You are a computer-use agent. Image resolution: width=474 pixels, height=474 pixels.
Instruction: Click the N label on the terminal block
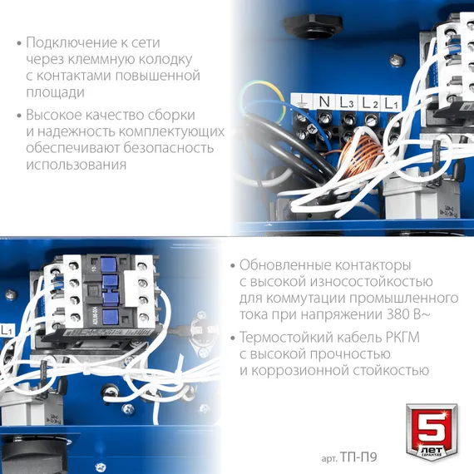323,101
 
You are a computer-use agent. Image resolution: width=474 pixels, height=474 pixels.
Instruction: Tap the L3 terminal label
346,102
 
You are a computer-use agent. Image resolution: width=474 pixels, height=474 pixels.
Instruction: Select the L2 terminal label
370,102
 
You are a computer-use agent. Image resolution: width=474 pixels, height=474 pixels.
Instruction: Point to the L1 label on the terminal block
393,102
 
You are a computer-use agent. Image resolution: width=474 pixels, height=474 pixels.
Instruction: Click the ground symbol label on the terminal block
302,101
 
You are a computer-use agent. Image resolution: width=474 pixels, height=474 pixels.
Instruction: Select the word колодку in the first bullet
166,59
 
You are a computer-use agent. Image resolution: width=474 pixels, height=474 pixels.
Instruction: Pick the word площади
55,92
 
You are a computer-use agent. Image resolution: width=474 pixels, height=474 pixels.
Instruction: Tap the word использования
76,165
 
